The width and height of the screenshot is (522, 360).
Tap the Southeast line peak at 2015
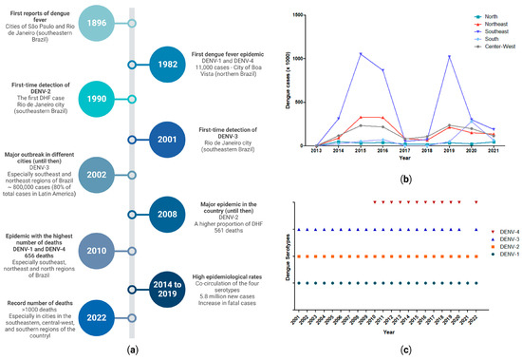click(x=362, y=53)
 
